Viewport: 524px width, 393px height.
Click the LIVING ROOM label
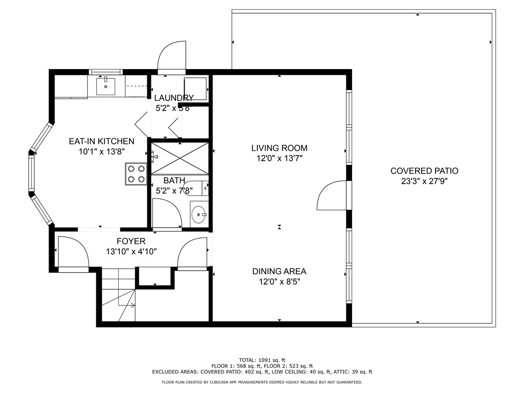[x=279, y=148]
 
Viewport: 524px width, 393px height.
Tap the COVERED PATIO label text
[x=424, y=171]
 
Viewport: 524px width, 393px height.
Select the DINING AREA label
[x=279, y=272]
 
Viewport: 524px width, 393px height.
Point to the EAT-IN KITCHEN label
[x=101, y=141]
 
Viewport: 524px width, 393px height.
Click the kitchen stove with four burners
[x=136, y=173]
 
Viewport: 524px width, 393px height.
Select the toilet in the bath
[x=195, y=188]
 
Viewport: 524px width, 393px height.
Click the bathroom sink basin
[x=199, y=214]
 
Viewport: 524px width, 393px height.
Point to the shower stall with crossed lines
[x=179, y=159]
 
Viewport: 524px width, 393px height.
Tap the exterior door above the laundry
[x=172, y=57]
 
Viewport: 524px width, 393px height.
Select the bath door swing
[x=166, y=212]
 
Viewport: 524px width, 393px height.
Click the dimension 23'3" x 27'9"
[x=424, y=181]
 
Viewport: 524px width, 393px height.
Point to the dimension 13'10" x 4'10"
[x=131, y=251]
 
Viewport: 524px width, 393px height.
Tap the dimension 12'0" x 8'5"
[x=279, y=281]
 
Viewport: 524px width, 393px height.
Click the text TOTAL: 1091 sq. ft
[x=262, y=360]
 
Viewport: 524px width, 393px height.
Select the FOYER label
[x=131, y=242]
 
